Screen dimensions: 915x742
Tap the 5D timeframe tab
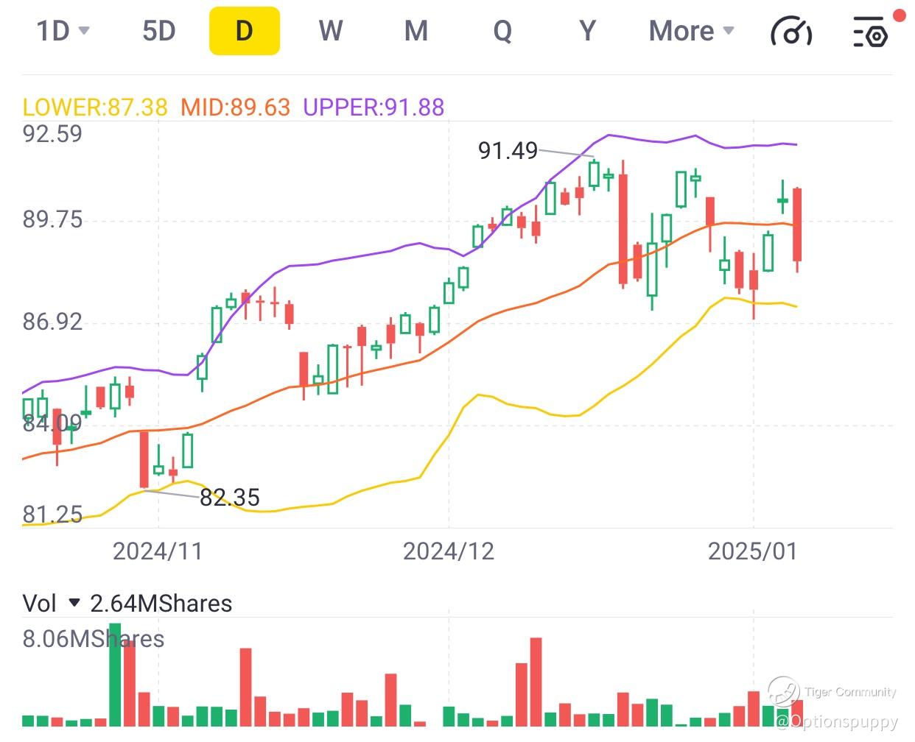click(x=159, y=31)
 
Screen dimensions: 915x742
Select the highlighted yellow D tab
click(x=245, y=31)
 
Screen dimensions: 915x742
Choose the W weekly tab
click(x=330, y=31)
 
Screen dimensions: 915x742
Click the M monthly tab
click(x=416, y=31)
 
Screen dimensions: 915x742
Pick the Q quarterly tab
click(x=502, y=31)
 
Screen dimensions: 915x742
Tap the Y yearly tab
click(x=588, y=31)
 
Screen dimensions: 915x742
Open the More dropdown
click(x=691, y=31)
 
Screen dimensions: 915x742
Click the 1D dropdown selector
click(x=63, y=31)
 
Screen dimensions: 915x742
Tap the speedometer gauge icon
click(x=791, y=32)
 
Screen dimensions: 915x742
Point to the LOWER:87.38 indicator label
click(x=95, y=107)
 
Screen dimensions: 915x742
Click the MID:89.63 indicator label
click(x=236, y=107)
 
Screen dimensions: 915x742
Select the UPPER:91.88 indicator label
click(x=374, y=107)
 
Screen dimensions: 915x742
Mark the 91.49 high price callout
click(x=508, y=151)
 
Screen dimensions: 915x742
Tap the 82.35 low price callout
click(x=230, y=498)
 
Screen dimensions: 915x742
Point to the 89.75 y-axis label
click(x=52, y=219)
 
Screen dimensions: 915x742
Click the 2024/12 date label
click(x=449, y=551)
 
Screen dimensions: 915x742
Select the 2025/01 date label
click(x=753, y=551)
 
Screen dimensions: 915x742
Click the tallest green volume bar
click(x=115, y=674)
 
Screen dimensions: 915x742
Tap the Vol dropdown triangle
click(x=74, y=603)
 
